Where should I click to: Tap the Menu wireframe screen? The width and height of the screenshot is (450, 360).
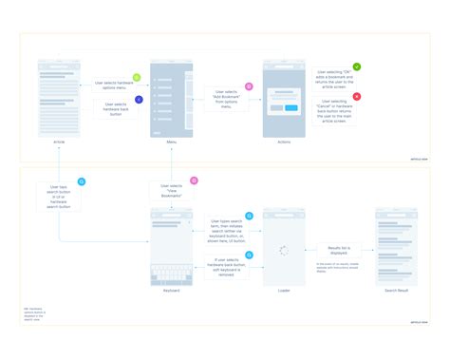coord(171,99)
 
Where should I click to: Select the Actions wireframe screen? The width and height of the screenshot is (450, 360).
coord(283,99)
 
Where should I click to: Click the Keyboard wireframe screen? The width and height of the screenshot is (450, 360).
coord(171,246)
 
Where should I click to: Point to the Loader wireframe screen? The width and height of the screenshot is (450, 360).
coord(283,246)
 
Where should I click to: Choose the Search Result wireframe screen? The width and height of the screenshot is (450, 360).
coord(396,246)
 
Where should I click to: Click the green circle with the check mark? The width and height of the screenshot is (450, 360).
coord(357,67)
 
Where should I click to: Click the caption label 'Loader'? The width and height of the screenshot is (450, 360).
coord(283,292)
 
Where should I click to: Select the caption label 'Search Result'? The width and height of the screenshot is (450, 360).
coord(396,292)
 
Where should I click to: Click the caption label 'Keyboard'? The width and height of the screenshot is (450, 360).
coord(171,292)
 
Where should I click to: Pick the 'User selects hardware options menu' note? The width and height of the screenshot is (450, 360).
coord(115,87)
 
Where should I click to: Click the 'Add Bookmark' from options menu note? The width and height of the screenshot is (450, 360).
coord(226,99)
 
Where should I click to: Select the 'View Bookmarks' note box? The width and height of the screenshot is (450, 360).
coord(171,191)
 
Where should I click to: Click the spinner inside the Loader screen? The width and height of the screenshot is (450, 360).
coord(283,251)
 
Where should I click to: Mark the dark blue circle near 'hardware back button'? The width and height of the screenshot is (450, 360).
coord(140,99)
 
